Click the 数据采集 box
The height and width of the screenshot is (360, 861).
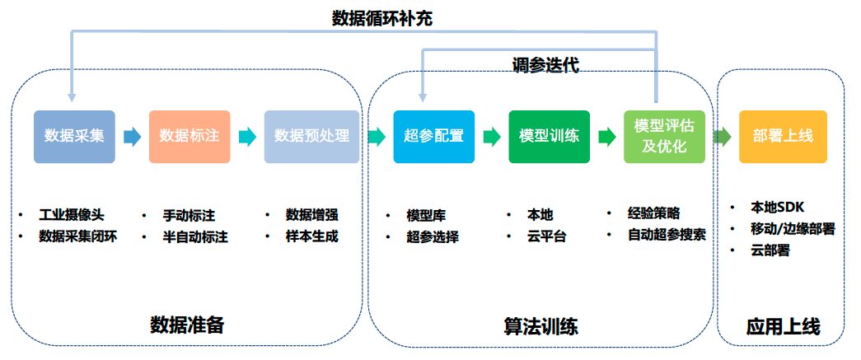point(74,136)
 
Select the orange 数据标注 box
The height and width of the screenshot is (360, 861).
point(190,136)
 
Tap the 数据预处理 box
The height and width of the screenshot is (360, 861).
point(311,136)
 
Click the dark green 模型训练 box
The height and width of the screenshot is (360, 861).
point(549,136)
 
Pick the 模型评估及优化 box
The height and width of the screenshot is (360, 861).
point(664,136)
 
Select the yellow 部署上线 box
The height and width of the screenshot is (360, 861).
point(782,136)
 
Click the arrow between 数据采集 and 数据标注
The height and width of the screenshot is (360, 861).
point(132,137)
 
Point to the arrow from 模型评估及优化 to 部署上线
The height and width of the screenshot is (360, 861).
point(722,137)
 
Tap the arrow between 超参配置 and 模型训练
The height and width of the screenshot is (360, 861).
point(492,137)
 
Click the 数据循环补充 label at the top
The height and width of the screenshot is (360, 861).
point(381,17)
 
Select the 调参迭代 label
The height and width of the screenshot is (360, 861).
point(545,65)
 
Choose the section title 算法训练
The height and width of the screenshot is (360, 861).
point(540,326)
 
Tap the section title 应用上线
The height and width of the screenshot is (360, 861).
point(783,326)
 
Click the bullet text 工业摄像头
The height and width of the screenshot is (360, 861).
point(72,215)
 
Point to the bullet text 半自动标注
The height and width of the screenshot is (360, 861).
point(195,236)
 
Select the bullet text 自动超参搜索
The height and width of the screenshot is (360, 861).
point(667,234)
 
